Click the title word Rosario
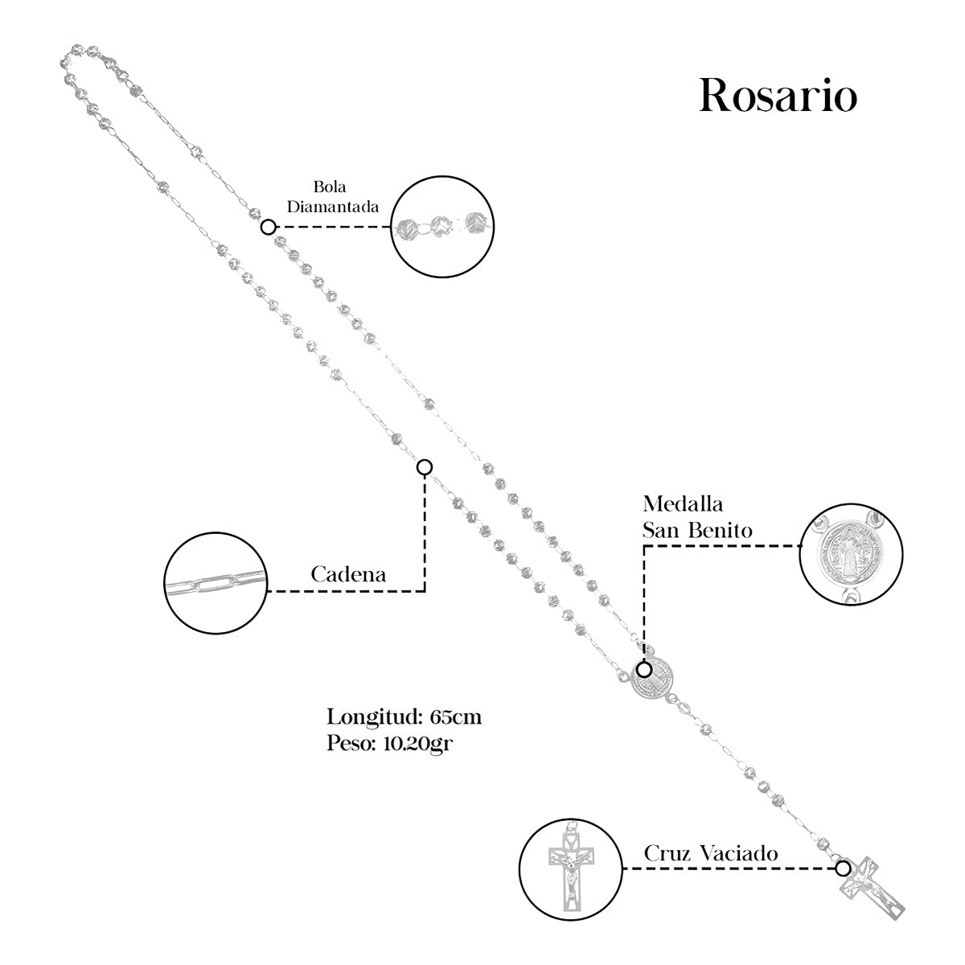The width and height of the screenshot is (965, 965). click(778, 96)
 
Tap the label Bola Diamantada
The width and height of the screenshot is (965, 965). click(334, 197)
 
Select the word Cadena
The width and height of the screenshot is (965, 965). click(348, 575)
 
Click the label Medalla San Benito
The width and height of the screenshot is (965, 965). click(697, 517)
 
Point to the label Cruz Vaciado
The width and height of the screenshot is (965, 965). click(711, 853)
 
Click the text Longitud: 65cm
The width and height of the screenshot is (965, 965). click(404, 717)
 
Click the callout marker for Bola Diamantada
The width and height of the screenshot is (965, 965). click(269, 227)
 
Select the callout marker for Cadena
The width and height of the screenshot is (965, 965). click(425, 467)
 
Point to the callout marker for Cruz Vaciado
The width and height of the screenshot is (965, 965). click(842, 868)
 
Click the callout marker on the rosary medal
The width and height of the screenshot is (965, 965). click(644, 669)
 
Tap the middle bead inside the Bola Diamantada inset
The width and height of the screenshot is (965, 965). click(440, 227)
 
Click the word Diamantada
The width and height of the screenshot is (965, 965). click(334, 207)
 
